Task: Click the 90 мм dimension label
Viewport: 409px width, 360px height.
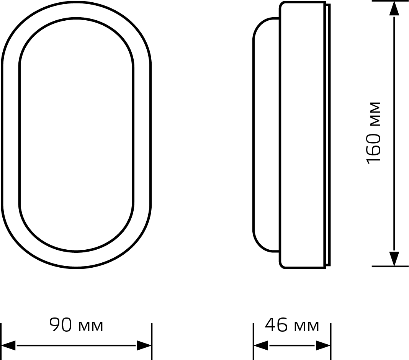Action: [x=77, y=325]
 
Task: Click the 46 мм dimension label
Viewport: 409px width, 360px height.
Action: [x=292, y=325]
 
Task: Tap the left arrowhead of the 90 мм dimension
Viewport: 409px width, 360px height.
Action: [x=8, y=345]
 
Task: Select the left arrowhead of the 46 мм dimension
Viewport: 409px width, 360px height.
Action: [x=261, y=345]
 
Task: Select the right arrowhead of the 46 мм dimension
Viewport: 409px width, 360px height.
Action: [x=323, y=345]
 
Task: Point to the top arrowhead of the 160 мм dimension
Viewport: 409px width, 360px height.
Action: [x=394, y=9]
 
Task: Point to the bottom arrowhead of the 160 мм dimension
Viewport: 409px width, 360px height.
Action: [x=394, y=259]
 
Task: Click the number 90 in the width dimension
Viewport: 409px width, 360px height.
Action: [x=60, y=325]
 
